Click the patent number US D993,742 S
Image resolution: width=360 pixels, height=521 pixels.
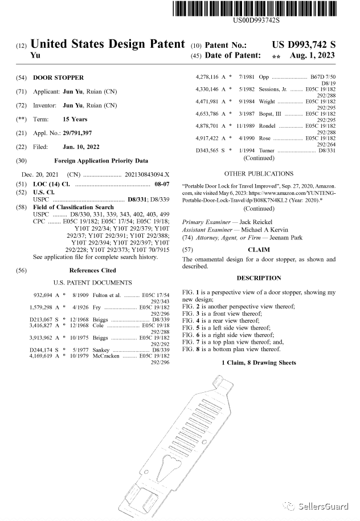click(304, 44)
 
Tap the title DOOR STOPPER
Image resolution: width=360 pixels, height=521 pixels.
click(58, 77)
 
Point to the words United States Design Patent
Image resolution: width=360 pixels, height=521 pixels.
click(108, 44)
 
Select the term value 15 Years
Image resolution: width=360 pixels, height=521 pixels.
click(75, 119)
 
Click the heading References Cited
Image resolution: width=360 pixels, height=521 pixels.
click(92, 270)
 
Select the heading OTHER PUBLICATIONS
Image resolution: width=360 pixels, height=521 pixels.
click(259, 173)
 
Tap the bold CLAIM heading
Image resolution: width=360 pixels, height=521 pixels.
click(259, 250)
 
